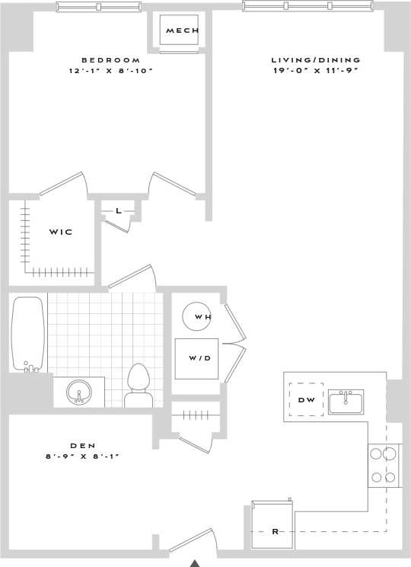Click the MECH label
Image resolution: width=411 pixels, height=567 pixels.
(x=182, y=30)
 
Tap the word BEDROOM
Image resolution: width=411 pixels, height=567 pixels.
(x=111, y=60)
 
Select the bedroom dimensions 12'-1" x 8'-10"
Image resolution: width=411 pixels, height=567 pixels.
(x=111, y=71)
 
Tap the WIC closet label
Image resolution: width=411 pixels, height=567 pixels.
(x=61, y=232)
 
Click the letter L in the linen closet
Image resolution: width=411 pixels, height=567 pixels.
(x=119, y=211)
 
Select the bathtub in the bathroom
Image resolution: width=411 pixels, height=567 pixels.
(x=28, y=333)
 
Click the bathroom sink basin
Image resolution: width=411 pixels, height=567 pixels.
(x=78, y=392)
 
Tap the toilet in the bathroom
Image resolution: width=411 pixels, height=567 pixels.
(x=139, y=385)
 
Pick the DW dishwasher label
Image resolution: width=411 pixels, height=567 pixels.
(x=307, y=399)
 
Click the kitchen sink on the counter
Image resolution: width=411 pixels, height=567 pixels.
(x=346, y=401)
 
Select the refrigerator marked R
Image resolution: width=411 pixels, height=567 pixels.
(x=273, y=526)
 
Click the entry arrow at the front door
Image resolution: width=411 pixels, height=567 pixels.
(x=195, y=562)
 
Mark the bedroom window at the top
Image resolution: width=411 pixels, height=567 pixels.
(x=99, y=7)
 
